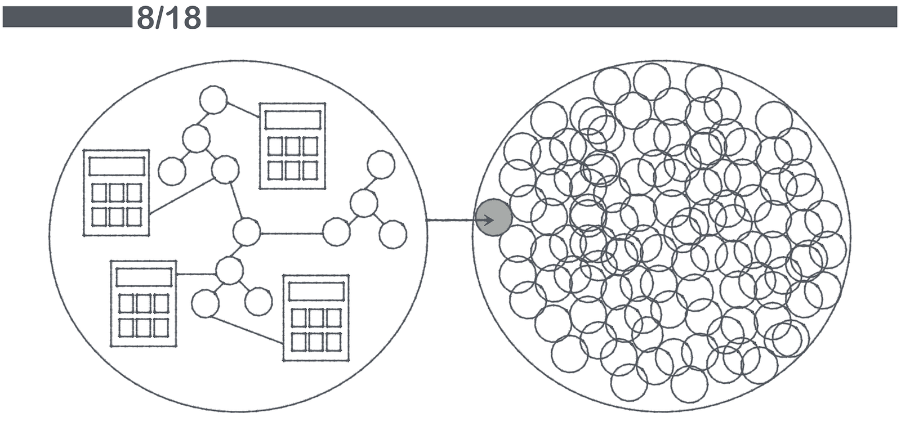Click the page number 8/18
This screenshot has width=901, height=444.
click(168, 17)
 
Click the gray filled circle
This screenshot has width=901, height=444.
click(494, 217)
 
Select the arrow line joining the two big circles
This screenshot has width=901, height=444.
click(450, 220)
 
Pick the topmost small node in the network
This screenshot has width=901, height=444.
click(213, 100)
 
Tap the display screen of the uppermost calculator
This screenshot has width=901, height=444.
click(292, 120)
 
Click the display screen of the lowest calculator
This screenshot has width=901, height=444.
click(316, 291)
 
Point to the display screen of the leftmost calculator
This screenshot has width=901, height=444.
click(117, 167)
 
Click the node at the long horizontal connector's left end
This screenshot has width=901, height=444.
click(247, 232)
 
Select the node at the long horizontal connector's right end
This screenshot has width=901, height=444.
click(336, 232)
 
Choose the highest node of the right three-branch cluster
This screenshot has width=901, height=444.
click(381, 164)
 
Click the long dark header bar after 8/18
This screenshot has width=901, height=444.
click(551, 17)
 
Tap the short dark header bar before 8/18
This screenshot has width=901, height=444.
click(67, 17)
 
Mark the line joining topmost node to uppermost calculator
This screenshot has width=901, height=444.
click(243, 110)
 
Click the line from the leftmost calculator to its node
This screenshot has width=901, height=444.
click(181, 197)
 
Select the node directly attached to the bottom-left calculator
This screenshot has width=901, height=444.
click(229, 270)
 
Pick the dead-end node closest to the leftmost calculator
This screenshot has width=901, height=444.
click(172, 171)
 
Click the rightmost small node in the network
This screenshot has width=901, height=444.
click(392, 234)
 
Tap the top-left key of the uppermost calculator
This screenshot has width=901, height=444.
click(275, 146)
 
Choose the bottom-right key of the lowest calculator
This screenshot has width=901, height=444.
click(333, 342)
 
